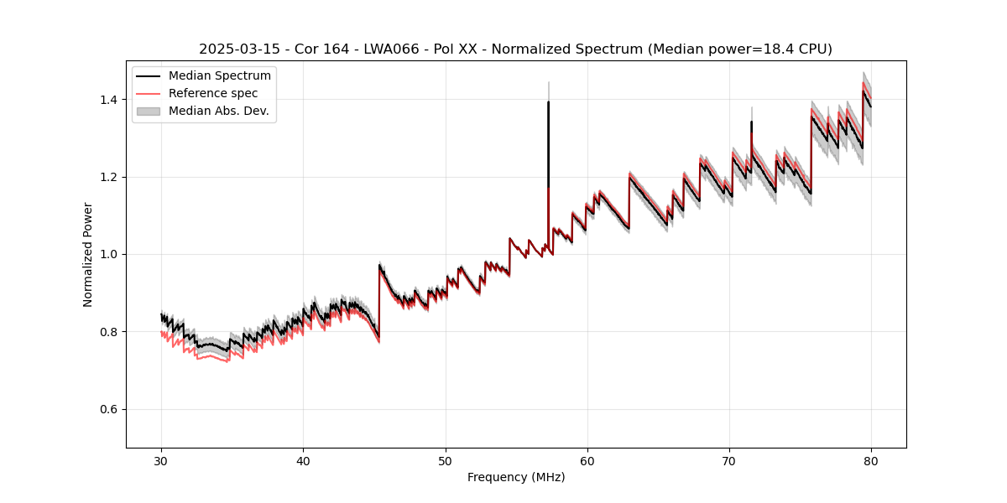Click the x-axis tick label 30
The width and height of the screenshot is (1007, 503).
tap(162, 461)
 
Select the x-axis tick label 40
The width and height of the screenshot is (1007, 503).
tap(304, 461)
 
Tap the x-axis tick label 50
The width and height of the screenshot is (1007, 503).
tap(446, 461)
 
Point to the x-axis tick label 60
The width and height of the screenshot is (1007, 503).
tap(587, 461)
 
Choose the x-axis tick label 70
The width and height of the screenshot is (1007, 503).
tap(729, 461)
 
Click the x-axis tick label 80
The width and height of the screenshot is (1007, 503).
tap(871, 461)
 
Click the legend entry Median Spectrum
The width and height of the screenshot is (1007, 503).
tap(220, 76)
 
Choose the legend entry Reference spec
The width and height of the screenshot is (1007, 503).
tap(213, 93)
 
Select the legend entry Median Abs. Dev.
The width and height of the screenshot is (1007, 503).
tap(218, 111)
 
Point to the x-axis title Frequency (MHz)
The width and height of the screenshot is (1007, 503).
tap(516, 478)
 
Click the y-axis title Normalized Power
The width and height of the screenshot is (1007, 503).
tap(88, 254)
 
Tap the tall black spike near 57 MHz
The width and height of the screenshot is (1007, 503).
tap(548, 134)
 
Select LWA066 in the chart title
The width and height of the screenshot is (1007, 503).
tap(391, 49)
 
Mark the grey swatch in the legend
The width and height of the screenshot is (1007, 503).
tap(149, 111)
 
